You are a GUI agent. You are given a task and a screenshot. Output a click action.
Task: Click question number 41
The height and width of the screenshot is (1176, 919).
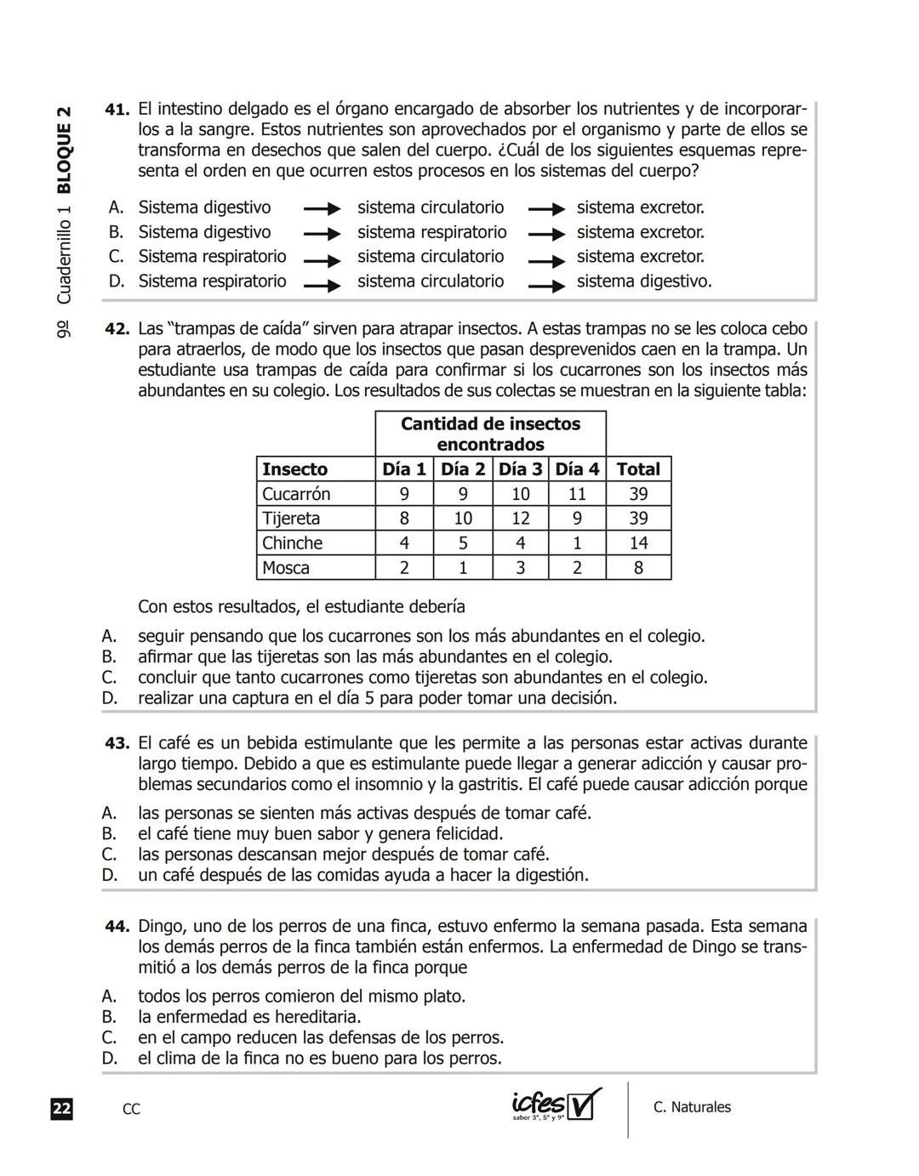[x=117, y=110]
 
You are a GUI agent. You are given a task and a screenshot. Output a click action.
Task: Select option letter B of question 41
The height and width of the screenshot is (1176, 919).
[x=117, y=232]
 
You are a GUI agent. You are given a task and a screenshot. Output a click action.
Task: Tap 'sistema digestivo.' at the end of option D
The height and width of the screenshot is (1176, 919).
[x=644, y=281]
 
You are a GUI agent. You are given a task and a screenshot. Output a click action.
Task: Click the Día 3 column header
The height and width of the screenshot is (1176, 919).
[x=520, y=469]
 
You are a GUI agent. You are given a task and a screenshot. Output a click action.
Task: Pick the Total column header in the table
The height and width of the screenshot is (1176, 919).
[x=638, y=469]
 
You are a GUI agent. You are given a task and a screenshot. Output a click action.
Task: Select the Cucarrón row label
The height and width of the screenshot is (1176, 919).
[x=296, y=494]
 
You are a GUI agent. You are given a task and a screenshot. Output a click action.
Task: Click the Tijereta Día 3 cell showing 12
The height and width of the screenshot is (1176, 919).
[x=520, y=519]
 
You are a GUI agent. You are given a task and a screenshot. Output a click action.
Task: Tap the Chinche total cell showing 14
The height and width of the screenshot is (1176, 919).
[x=638, y=543]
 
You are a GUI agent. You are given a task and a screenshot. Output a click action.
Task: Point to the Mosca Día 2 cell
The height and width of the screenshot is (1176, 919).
[x=463, y=568]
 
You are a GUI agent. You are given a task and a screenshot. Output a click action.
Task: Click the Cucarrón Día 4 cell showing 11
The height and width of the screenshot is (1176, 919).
[x=577, y=494]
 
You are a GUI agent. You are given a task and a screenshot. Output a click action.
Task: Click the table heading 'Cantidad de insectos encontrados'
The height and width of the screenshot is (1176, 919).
[x=490, y=434]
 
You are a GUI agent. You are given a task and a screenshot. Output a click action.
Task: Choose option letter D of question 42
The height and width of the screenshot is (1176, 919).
[x=109, y=698]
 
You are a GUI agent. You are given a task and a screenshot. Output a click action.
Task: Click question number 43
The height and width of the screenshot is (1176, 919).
[x=117, y=743]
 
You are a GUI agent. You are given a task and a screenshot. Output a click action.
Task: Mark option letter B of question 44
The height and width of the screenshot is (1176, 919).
[x=109, y=1017]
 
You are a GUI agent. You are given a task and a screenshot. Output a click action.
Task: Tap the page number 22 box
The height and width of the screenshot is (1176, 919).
[x=61, y=1109]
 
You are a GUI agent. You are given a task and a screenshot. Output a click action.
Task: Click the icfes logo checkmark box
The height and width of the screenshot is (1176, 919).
[x=583, y=1105]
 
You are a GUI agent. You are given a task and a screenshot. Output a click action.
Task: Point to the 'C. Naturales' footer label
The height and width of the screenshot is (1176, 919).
[x=692, y=1107]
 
